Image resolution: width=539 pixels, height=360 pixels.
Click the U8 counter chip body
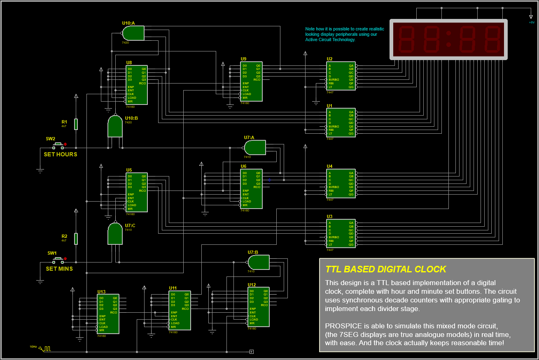[136, 85]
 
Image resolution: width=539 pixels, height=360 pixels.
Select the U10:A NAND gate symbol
[133, 33]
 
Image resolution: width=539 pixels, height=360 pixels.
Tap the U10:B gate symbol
[115, 126]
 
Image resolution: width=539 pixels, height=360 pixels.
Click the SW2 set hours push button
[58, 146]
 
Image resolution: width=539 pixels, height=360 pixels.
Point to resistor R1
[76, 124]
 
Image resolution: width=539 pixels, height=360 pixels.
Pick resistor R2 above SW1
[76, 239]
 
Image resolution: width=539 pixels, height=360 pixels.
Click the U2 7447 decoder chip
[341, 76]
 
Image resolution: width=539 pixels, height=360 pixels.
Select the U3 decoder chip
[341, 233]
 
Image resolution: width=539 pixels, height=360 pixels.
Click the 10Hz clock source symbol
[47, 348]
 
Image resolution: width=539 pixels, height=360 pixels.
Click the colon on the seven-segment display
[448, 39]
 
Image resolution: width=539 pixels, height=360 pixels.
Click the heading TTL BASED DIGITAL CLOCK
[385, 269]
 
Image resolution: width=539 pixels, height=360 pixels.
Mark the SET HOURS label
[61, 154]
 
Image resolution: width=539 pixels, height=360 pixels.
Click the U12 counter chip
[259, 307]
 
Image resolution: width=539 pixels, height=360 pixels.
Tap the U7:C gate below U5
[115, 234]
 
